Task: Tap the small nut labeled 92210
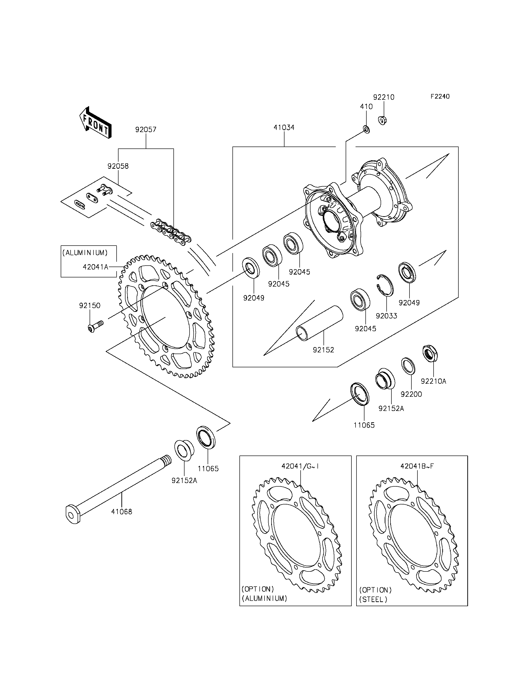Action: [x=382, y=120]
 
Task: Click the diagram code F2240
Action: [x=440, y=97]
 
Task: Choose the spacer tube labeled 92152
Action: [x=320, y=323]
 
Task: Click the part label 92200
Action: [x=411, y=394]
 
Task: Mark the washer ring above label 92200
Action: [x=408, y=366]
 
